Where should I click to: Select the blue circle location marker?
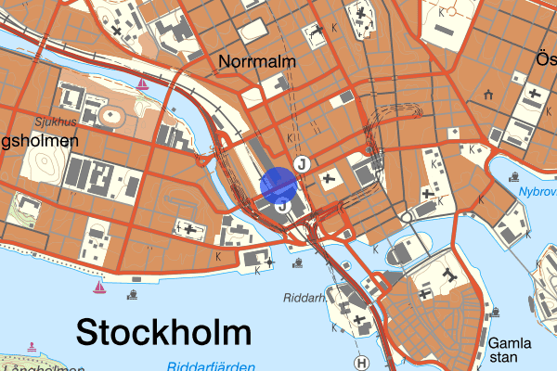(278, 185)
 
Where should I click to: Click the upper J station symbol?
(300, 164)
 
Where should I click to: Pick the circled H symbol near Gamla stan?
(362, 363)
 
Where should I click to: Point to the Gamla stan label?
(510, 349)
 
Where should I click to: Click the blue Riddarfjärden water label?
(212, 366)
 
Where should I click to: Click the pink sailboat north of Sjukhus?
(142, 84)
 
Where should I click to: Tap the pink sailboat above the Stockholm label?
(98, 287)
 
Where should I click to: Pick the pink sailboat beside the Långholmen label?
(32, 348)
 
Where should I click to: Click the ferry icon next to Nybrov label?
(513, 176)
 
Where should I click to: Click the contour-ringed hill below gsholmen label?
(44, 168)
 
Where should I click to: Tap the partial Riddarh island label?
(304, 298)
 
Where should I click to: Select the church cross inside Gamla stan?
(450, 275)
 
